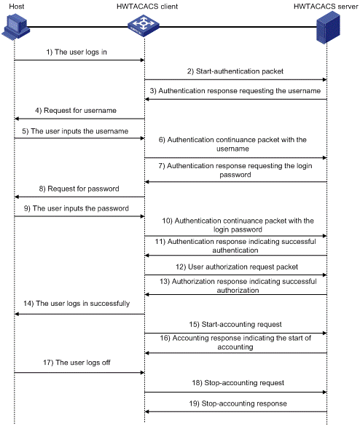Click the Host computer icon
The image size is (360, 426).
click(x=16, y=27)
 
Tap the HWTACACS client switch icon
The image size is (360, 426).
click(x=144, y=26)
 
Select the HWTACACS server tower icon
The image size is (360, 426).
click(x=328, y=28)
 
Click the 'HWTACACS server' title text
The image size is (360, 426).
click(x=326, y=7)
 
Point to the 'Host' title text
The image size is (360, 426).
click(x=17, y=7)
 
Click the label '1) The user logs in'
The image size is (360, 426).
click(x=77, y=52)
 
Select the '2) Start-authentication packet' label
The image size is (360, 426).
click(x=235, y=71)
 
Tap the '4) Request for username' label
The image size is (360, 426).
click(x=76, y=110)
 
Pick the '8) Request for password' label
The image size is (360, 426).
click(x=79, y=189)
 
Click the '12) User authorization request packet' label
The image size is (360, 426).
click(x=237, y=267)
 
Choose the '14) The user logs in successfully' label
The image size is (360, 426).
click(x=77, y=303)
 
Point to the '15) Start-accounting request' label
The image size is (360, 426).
click(x=235, y=324)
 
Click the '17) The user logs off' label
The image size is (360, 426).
click(x=77, y=363)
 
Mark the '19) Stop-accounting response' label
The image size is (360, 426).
click(x=238, y=403)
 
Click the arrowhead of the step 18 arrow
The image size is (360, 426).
click(x=324, y=392)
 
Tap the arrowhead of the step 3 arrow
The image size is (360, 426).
click(x=147, y=99)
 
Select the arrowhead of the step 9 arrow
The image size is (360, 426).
click(x=142, y=216)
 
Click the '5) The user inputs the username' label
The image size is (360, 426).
click(x=75, y=131)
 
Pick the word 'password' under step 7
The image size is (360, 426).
click(x=235, y=175)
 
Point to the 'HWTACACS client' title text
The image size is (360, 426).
click(x=147, y=7)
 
